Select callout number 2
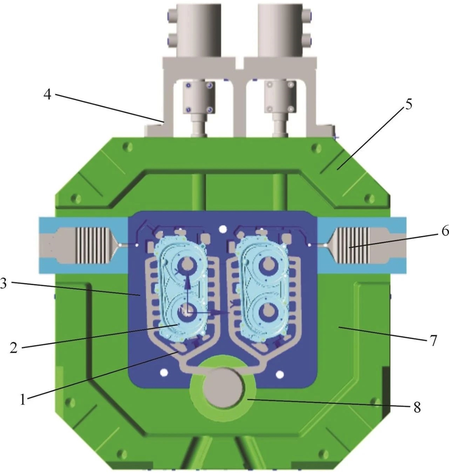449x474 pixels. pyautogui.click(x=14, y=348)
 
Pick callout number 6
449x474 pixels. pyautogui.click(x=444, y=231)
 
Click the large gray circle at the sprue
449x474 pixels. pyautogui.click(x=223, y=387)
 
